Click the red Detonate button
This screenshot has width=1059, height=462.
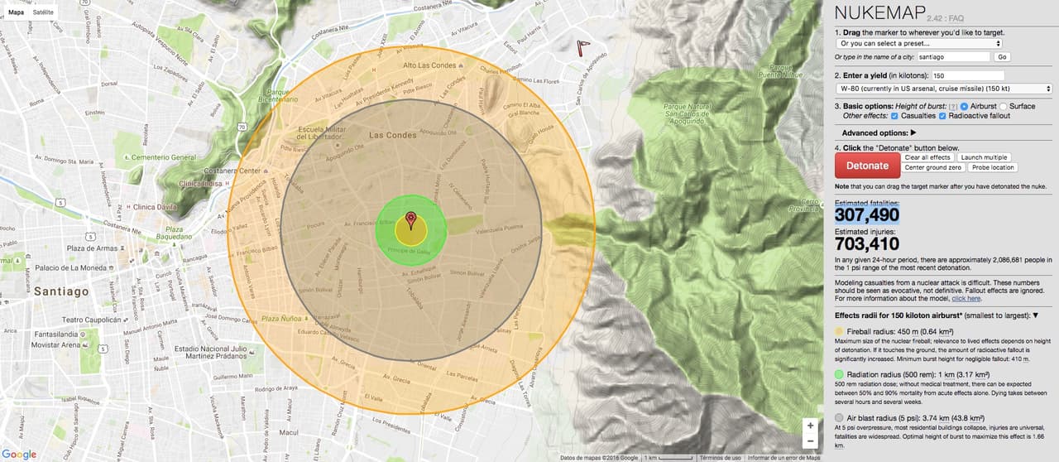click(867, 166)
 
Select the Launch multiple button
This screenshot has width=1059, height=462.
click(984, 157)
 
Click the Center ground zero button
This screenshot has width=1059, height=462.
click(932, 167)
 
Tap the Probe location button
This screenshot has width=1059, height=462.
click(993, 167)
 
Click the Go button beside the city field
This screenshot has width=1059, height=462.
click(1002, 57)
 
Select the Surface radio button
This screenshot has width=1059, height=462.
click(1004, 107)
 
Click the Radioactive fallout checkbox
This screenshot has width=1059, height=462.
click(942, 116)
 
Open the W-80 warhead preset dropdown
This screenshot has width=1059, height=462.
click(943, 89)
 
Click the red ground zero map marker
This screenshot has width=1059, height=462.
click(411, 220)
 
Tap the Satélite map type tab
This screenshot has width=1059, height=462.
click(43, 13)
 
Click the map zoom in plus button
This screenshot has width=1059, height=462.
click(810, 426)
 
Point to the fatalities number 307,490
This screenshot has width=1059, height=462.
click(867, 215)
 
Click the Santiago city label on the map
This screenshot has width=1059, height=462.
click(60, 291)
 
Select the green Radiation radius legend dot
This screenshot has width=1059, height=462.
click(840, 375)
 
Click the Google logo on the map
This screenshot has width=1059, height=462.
click(19, 454)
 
